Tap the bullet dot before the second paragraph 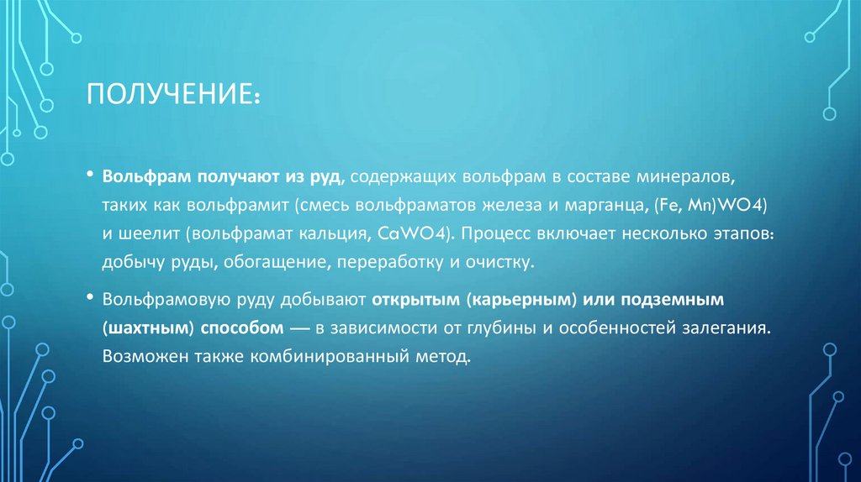(x=90, y=297)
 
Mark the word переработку (x=391, y=263)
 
